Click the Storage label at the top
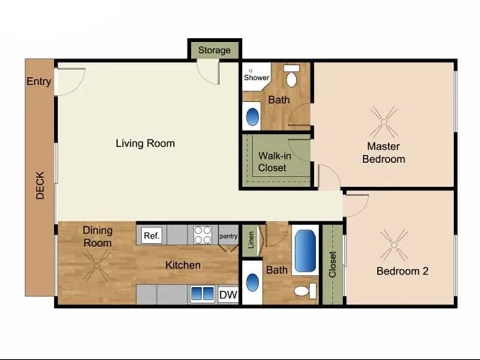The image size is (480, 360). point(214,50)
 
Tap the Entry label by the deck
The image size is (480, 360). point(38,82)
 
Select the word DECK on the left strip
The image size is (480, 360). point(40,186)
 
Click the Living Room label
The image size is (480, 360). point(145,143)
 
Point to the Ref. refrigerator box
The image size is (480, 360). point(152,236)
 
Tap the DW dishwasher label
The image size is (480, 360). point(227,295)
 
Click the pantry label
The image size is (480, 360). point(228,236)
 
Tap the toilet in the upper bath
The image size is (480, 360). point(292,77)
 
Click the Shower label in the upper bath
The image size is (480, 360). point(256,77)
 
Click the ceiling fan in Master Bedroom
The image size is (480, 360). point(383,121)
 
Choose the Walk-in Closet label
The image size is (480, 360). point(272,161)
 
